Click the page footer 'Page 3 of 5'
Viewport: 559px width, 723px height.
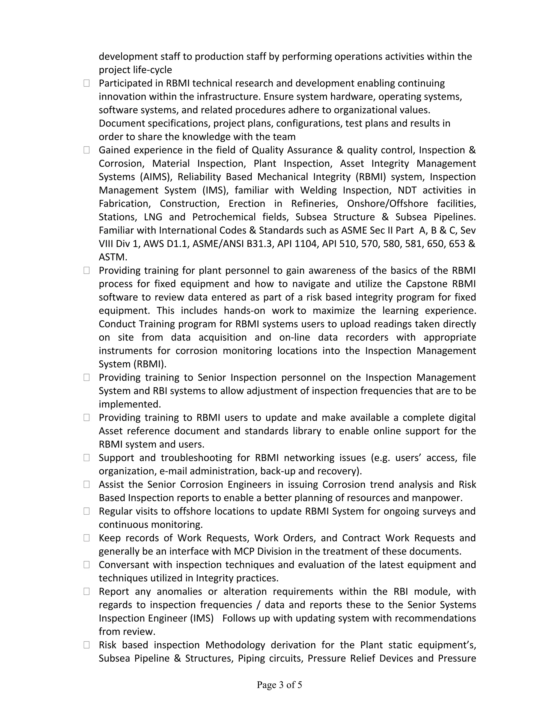(279, 685)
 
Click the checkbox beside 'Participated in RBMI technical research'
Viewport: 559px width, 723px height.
(87, 83)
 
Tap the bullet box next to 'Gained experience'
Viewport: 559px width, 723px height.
(87, 150)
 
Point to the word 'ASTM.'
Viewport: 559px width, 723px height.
(113, 257)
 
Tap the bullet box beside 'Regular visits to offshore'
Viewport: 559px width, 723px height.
(87, 511)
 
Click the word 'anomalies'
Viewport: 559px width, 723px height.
(179, 591)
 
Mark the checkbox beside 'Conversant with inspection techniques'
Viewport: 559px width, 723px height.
(87, 564)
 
